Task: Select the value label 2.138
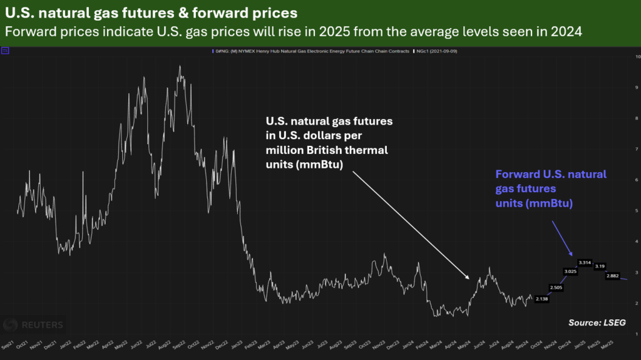coord(542,300)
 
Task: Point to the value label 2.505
coord(555,287)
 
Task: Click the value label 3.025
coord(570,271)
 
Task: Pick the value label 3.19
coord(598,266)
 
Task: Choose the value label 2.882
coord(613,275)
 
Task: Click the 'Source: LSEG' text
coord(597,322)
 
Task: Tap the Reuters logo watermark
coord(34,324)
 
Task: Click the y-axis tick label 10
coord(637,57)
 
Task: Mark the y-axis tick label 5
coord(637,211)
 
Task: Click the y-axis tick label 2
coord(637,303)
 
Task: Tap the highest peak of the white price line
coord(180,66)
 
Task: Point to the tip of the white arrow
coord(469,278)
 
